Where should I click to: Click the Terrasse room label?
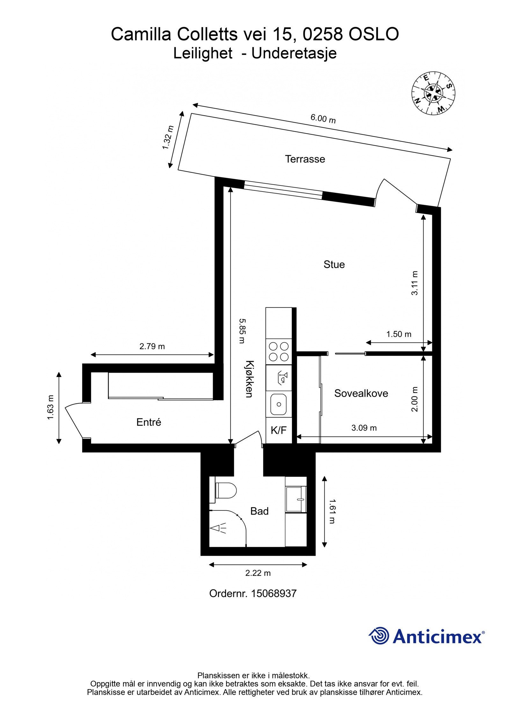point(305,159)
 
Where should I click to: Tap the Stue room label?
point(334,264)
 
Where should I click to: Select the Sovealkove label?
point(361,393)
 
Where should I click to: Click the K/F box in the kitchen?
point(279,430)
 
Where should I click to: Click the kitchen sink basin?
point(279,404)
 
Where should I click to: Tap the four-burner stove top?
point(279,351)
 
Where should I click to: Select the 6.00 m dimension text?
point(323,119)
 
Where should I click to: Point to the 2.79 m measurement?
point(152,346)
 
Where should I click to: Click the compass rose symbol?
point(433,93)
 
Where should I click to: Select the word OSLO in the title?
point(373,34)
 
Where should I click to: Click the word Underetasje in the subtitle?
point(294,53)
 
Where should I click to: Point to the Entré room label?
point(149,422)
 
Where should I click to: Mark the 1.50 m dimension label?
point(398,334)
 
